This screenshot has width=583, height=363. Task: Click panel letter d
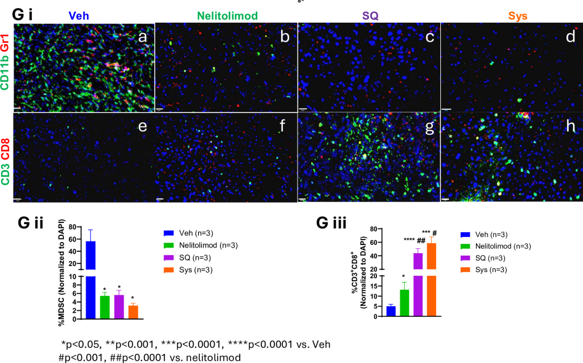tap(569, 36)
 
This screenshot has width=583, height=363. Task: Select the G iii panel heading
tap(331, 224)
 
